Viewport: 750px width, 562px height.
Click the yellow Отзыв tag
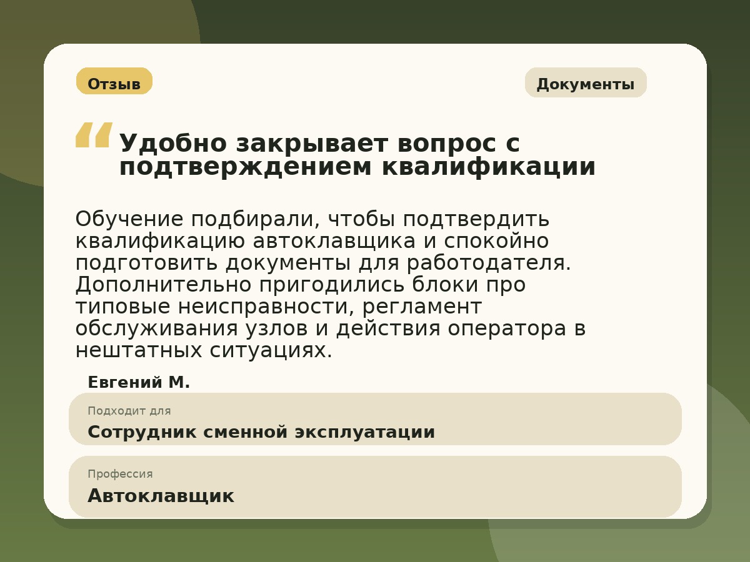[x=114, y=82]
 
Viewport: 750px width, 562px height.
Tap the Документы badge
[x=586, y=83]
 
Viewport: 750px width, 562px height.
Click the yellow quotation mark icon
[x=94, y=135]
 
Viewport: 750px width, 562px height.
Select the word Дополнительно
[x=163, y=285]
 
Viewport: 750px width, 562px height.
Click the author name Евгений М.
[x=139, y=383]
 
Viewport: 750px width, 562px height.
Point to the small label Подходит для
[x=129, y=411]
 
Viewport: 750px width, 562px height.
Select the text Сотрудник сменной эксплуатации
[x=261, y=432]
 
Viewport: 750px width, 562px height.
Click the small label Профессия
[x=120, y=474]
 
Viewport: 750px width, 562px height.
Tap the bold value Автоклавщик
[x=161, y=496]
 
